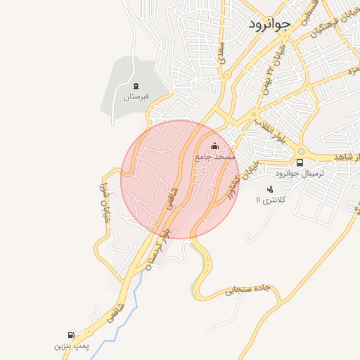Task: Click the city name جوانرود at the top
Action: click(269, 24)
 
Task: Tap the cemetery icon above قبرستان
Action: click(136, 86)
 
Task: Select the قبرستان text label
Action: click(137, 97)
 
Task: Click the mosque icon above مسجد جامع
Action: click(214, 146)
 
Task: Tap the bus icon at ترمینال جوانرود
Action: click(300, 163)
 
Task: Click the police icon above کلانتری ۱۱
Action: click(270, 188)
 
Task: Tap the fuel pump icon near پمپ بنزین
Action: click(70, 335)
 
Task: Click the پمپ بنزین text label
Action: click(71, 347)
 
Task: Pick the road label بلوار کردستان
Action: click(156, 249)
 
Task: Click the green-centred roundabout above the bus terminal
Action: click(301, 150)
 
